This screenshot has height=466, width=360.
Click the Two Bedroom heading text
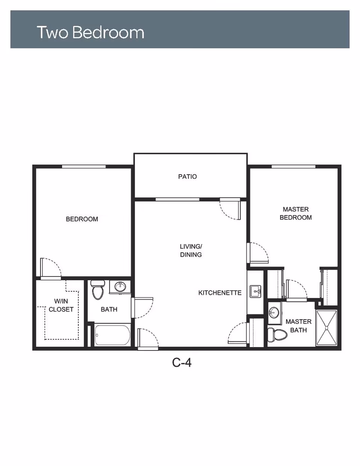[91, 32]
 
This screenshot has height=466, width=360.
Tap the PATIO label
[187, 176]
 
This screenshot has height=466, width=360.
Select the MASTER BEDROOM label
[295, 213]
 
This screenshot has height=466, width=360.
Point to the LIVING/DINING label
[191, 251]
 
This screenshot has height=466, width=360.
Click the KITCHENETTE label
[220, 293]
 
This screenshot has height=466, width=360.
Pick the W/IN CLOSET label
[61, 305]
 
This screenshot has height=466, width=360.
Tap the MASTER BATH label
[298, 326]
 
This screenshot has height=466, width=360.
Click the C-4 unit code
[181, 363]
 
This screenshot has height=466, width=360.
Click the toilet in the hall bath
[98, 290]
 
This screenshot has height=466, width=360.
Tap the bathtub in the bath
[112, 335]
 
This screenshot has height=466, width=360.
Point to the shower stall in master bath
[327, 328]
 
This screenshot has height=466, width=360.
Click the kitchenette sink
[256, 292]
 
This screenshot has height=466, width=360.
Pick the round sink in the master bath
[274, 311]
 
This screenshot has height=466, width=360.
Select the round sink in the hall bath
[120, 287]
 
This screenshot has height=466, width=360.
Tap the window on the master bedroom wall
[294, 167]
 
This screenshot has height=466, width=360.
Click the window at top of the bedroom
[84, 167]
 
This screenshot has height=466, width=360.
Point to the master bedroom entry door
[258, 253]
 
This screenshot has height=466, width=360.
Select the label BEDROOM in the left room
[82, 219]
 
